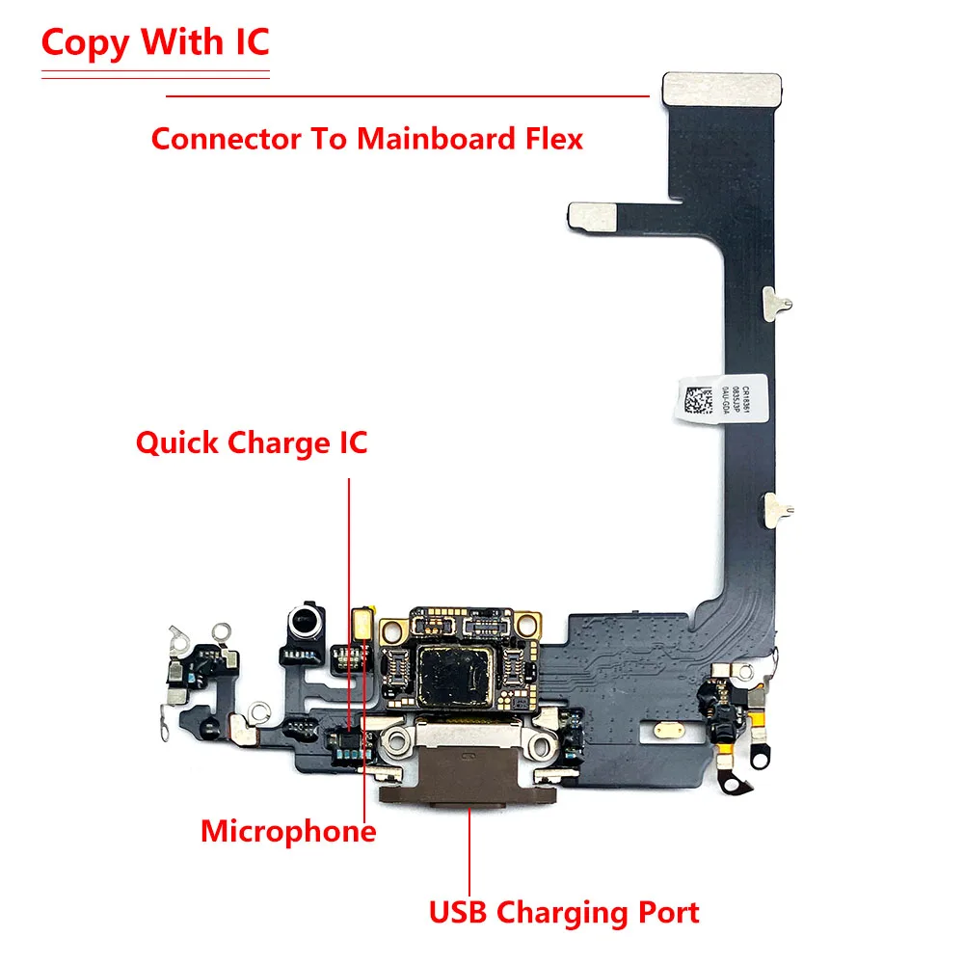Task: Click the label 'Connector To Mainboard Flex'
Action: tap(366, 139)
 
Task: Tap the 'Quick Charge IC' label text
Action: tap(251, 443)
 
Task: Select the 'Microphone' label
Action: tap(287, 831)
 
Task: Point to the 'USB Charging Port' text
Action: tap(564, 911)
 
